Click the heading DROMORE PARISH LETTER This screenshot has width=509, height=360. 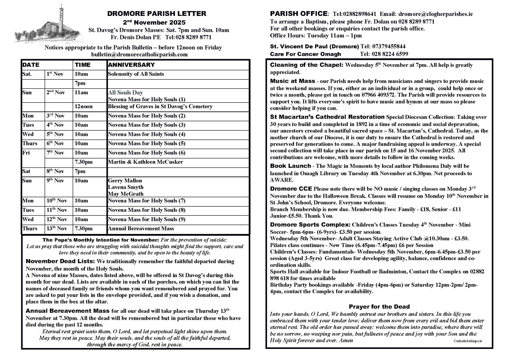click(x=157, y=14)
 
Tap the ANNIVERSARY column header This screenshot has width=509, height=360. click(x=131, y=65)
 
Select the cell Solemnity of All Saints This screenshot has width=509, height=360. click(x=136, y=74)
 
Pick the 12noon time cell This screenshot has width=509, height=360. click(x=84, y=106)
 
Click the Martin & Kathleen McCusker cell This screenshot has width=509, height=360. click(x=145, y=162)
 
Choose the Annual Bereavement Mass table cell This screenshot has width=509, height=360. click(x=141, y=229)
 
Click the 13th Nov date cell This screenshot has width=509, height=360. click(x=57, y=229)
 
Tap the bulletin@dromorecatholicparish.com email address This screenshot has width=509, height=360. click(x=139, y=54)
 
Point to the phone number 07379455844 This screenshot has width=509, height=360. click(x=389, y=46)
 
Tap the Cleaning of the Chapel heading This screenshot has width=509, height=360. click(x=307, y=65)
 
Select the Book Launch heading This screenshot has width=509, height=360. click(x=290, y=166)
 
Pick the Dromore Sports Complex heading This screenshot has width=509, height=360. click(x=310, y=225)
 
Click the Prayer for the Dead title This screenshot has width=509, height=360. click(x=379, y=307)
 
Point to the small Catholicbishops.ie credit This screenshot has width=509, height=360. click(x=468, y=341)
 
